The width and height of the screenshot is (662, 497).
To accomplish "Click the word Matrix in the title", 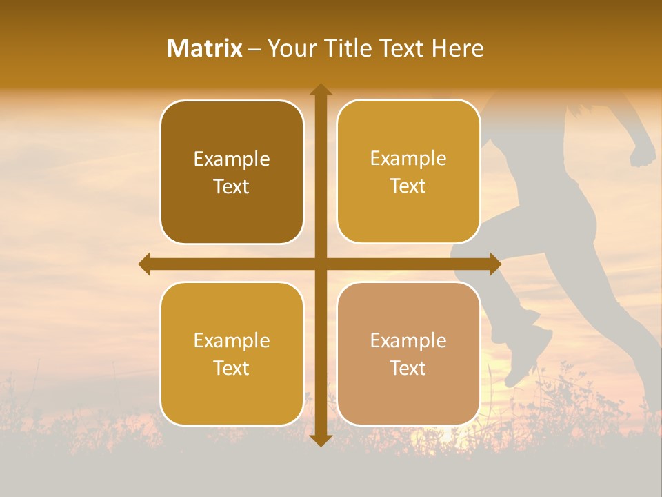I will tap(205, 48).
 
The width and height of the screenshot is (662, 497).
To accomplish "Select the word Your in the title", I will tap(290, 48).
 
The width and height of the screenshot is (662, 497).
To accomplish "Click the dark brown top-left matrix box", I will tap(232, 173).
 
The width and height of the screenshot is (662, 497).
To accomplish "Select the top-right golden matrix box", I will tap(408, 172).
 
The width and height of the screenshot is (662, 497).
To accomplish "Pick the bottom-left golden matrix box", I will tap(232, 353).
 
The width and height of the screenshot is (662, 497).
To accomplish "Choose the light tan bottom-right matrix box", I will tap(408, 353).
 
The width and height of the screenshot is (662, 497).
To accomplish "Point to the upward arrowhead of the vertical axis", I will tap(321, 89).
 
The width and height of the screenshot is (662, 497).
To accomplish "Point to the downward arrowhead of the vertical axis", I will tap(321, 440).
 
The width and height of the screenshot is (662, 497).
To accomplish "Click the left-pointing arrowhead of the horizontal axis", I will tap(144, 264).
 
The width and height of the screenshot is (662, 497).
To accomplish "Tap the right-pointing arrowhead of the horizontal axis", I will tap(495, 264).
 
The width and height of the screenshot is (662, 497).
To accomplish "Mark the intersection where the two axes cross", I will tap(321, 264).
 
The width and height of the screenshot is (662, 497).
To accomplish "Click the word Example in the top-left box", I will tap(232, 159).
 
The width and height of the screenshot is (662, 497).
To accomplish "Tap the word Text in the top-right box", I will tap(408, 186).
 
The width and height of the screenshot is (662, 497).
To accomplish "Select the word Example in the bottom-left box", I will tap(232, 341).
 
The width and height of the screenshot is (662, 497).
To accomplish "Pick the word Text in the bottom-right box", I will tap(408, 368).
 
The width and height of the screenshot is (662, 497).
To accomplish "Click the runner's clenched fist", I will tap(643, 151).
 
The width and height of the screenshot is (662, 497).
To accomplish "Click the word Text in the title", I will tap(401, 48).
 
